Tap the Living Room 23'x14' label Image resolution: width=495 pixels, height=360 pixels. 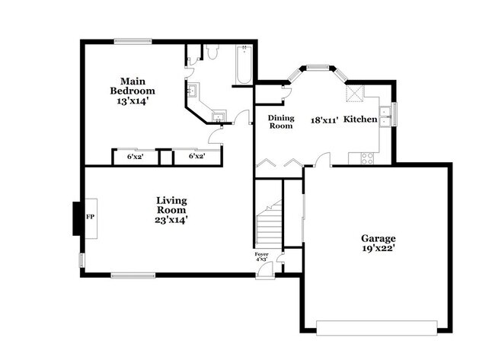[171, 210]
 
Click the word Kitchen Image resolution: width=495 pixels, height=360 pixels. [360, 119]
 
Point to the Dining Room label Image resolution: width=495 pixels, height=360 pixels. [281, 122]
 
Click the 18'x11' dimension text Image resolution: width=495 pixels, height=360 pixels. [324, 119]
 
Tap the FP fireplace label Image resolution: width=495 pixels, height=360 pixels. [90, 218]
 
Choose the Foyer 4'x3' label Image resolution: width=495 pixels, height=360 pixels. [261, 256]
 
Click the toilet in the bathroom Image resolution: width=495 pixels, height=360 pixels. [212, 53]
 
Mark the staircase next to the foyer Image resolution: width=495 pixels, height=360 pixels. [268, 225]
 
